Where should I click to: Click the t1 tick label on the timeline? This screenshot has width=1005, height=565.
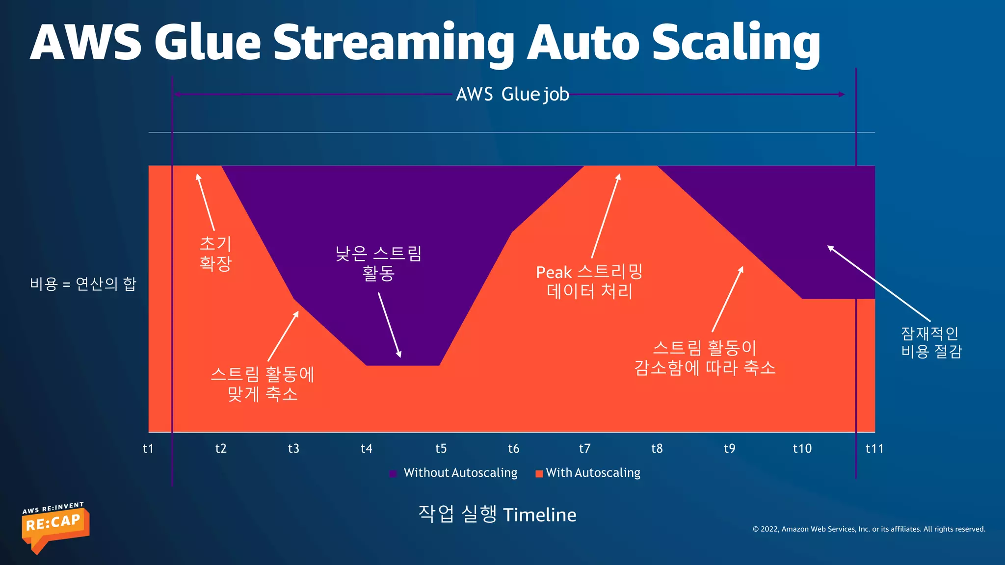pyautogui.click(x=148, y=448)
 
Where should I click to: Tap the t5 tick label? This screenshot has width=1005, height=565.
pyautogui.click(x=441, y=448)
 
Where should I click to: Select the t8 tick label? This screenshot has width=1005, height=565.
pyautogui.click(x=657, y=448)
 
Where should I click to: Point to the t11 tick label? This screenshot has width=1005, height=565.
pyautogui.click(x=874, y=448)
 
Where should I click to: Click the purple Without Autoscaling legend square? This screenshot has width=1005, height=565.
pyautogui.click(x=393, y=473)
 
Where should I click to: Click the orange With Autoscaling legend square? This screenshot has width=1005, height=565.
pyautogui.click(x=539, y=473)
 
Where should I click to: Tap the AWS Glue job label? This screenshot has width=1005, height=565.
pyautogui.click(x=512, y=94)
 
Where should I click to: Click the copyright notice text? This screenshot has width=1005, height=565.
pyautogui.click(x=869, y=529)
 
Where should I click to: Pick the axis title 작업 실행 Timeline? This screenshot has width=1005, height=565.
pyautogui.click(x=497, y=514)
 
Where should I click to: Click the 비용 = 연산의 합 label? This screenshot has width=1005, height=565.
pyautogui.click(x=83, y=283)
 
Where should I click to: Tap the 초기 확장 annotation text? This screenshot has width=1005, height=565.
pyautogui.click(x=215, y=253)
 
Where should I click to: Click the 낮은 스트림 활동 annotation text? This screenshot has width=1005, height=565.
pyautogui.click(x=378, y=263)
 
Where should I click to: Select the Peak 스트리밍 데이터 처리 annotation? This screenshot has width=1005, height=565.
pyautogui.click(x=589, y=282)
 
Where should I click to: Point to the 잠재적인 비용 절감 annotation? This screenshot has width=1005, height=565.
pyautogui.click(x=931, y=342)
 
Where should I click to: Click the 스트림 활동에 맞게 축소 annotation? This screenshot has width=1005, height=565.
pyautogui.click(x=263, y=384)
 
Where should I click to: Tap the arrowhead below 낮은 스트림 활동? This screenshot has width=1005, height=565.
pyautogui.click(x=399, y=354)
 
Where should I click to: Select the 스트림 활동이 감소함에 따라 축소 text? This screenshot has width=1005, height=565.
pyautogui.click(x=705, y=358)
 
